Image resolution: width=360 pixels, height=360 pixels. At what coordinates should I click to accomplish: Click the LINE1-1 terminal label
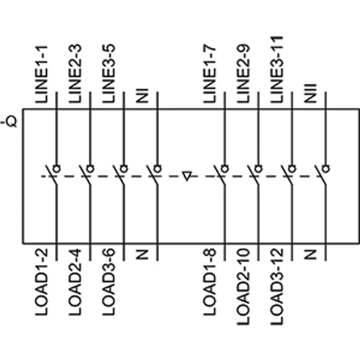(41, 74)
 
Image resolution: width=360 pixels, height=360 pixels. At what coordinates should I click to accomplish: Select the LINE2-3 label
(75, 73)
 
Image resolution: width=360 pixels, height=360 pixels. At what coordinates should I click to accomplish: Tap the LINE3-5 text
(108, 73)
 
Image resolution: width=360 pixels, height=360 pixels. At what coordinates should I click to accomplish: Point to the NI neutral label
(142, 96)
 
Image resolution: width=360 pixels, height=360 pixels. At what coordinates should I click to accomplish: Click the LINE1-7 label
(210, 73)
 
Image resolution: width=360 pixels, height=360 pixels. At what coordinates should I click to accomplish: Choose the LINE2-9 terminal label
(243, 73)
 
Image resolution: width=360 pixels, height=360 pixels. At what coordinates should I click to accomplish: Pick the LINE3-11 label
(277, 69)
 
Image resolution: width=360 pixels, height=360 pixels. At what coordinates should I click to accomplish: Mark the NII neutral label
(310, 94)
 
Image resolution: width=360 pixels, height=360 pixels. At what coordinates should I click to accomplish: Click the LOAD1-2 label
(41, 282)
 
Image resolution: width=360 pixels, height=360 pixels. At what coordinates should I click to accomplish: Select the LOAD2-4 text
(75, 282)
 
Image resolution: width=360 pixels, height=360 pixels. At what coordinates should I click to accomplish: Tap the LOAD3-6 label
(108, 282)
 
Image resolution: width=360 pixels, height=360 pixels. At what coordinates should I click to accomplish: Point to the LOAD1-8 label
(210, 282)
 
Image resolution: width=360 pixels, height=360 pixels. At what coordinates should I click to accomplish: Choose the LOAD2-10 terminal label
(243, 287)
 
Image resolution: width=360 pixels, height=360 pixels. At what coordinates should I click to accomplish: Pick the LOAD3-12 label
(277, 287)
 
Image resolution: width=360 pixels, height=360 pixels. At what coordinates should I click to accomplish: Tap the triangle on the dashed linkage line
(187, 176)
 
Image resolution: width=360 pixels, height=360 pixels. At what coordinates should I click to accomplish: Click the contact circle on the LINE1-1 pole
(57, 169)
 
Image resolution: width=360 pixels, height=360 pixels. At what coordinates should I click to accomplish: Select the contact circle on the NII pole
(325, 169)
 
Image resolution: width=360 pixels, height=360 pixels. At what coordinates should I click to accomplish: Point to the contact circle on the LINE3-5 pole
(124, 169)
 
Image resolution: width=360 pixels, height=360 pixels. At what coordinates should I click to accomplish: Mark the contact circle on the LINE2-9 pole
(258, 169)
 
